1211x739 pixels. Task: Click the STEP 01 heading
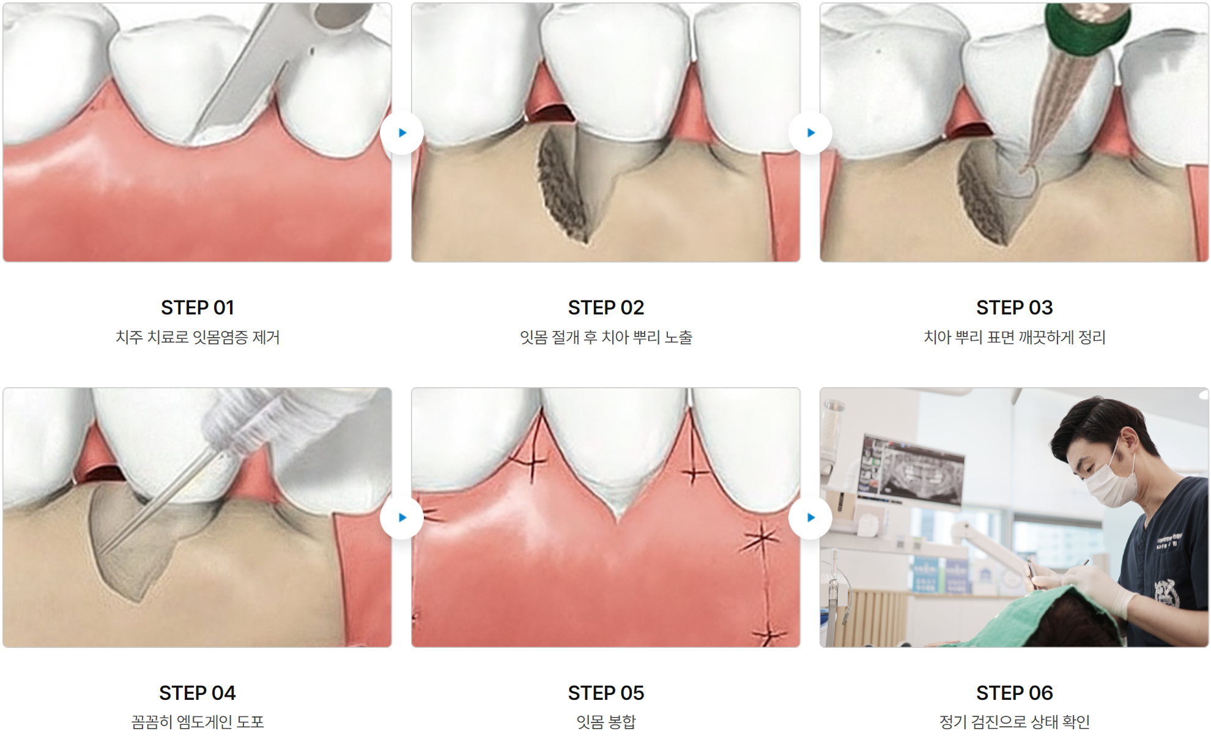point(198,308)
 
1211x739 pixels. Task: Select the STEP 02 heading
point(606,308)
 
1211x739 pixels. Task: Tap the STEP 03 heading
point(1015,308)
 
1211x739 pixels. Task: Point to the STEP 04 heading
point(198,693)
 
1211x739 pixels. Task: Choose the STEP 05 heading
point(606,693)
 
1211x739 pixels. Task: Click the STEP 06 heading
point(1015,693)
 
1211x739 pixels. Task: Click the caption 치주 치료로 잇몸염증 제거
point(198,337)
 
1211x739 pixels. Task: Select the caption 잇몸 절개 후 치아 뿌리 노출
point(606,337)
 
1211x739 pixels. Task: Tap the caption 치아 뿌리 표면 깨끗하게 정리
point(1015,337)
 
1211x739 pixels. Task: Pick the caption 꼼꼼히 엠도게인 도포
point(198,722)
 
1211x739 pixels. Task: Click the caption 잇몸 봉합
point(606,722)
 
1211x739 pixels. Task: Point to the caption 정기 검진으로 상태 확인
point(1015,722)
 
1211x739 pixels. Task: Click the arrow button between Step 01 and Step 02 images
point(402,133)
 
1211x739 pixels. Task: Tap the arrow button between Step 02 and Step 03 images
point(810,133)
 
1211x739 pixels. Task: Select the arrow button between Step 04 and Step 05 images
point(402,518)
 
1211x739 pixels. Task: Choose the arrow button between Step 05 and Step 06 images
point(810,518)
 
